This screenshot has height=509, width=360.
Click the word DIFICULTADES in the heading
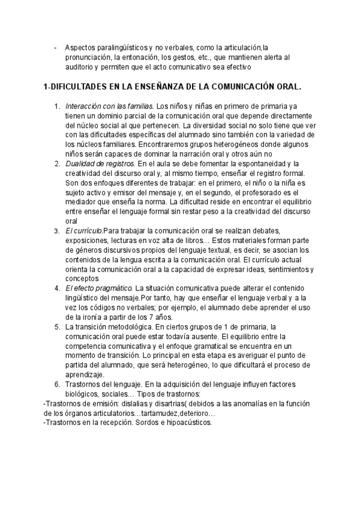pos(77,87)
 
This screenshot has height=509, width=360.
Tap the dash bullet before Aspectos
pos(55,47)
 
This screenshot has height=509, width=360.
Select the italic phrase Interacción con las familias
pos(109,106)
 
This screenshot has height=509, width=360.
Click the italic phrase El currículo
pos(83,230)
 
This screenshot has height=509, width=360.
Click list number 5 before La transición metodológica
pos(57,326)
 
